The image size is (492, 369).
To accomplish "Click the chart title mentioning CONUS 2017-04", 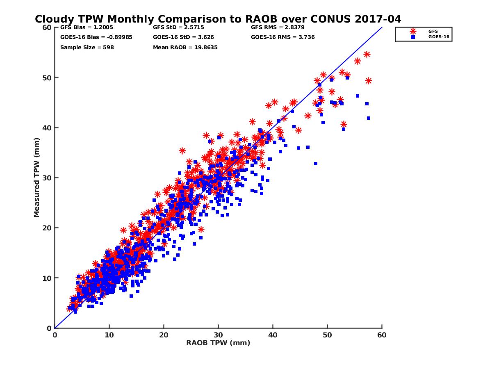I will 218,19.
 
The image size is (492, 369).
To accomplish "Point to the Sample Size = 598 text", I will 87,48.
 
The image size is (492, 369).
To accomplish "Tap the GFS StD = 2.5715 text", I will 178,27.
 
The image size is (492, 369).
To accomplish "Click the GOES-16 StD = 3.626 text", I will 183,37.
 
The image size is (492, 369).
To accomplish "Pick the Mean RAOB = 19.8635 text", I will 185,48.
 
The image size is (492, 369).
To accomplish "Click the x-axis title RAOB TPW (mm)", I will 218,343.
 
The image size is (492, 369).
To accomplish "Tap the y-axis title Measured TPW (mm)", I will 37,177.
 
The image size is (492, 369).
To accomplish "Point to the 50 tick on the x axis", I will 328,335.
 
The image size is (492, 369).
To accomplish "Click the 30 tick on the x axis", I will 218,335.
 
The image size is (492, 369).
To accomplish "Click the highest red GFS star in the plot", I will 367,55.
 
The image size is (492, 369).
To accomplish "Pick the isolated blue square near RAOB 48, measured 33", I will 316,164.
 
